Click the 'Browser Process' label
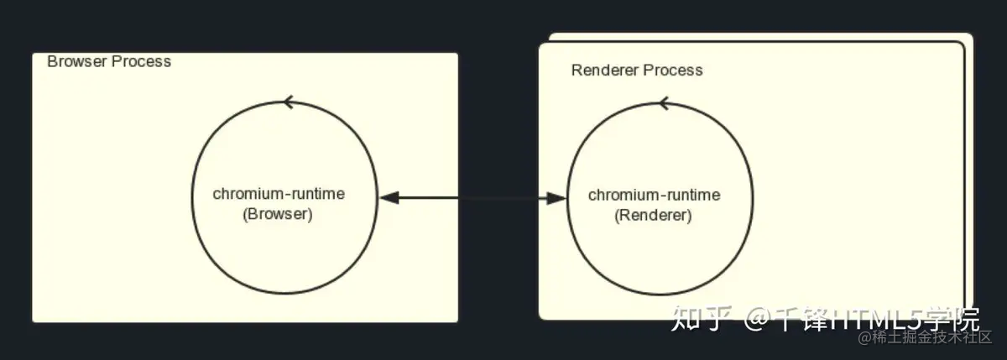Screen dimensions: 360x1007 point(109,61)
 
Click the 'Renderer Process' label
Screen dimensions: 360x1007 point(637,70)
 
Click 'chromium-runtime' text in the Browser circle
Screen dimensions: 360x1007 point(279,194)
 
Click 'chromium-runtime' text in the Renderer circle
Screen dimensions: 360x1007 point(654,196)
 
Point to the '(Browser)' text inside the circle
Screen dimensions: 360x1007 point(278,214)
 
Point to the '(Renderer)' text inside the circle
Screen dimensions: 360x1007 point(653,216)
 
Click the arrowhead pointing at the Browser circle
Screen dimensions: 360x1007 point(389,198)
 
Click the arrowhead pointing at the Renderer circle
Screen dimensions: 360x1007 point(556,198)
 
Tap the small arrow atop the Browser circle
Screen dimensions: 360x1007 point(289,102)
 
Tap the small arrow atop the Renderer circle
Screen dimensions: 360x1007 point(664,103)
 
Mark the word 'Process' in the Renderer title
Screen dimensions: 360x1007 point(673,70)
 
